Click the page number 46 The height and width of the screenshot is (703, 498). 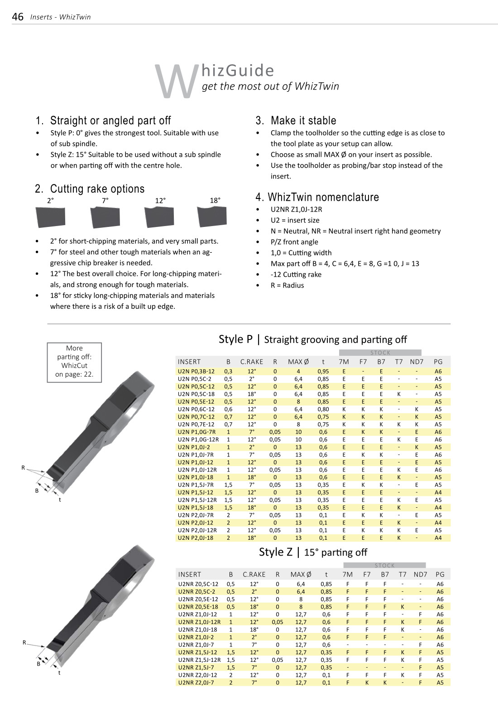18,17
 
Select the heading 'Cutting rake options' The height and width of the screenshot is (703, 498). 97,189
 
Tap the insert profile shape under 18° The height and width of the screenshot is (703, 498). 212,217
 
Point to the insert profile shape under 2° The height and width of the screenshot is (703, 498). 50,217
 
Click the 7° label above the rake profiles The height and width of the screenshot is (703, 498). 105,200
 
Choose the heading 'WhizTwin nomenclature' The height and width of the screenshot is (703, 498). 323,197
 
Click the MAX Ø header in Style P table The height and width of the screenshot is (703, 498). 298,362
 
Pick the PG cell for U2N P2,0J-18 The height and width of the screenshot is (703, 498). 438,538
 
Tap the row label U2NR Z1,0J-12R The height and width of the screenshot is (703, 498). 199,622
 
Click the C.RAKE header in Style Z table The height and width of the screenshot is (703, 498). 254,575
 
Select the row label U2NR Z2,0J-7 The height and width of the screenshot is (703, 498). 196,683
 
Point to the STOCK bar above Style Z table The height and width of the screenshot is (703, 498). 384,565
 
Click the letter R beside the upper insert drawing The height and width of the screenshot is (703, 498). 23,467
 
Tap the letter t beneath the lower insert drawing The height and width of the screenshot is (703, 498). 59,673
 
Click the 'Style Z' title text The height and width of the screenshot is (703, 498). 276,552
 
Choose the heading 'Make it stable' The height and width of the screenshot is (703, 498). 303,121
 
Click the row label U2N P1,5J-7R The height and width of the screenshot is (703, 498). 196,485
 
